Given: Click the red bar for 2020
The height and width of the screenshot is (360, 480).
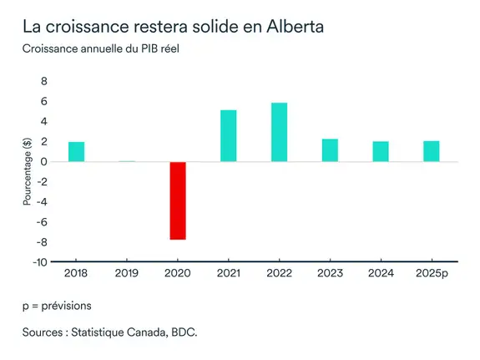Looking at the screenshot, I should [177, 200].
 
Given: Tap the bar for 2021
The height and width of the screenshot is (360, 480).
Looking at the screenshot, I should [228, 135].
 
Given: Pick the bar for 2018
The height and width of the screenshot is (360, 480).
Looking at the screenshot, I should [76, 151].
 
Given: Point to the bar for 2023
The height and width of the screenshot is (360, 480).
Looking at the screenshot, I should [329, 150].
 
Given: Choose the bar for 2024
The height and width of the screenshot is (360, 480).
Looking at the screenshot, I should [380, 151].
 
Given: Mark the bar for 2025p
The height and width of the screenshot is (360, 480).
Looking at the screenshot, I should [431, 151].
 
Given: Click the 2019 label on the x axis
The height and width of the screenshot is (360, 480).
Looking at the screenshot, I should [127, 274].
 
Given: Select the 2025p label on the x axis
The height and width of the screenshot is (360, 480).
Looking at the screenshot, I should [431, 274].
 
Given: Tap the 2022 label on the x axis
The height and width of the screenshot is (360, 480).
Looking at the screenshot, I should [279, 274].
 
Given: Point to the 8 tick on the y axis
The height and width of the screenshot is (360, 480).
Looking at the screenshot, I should [44, 82].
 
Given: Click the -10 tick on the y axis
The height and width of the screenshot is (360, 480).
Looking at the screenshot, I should [41, 261].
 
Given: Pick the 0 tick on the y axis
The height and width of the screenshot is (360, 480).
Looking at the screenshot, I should [44, 162].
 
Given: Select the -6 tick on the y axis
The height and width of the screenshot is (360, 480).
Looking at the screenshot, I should [43, 222].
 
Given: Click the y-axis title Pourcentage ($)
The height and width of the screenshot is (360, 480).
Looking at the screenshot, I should [27, 172].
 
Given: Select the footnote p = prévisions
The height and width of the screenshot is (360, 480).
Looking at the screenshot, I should [57, 306].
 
